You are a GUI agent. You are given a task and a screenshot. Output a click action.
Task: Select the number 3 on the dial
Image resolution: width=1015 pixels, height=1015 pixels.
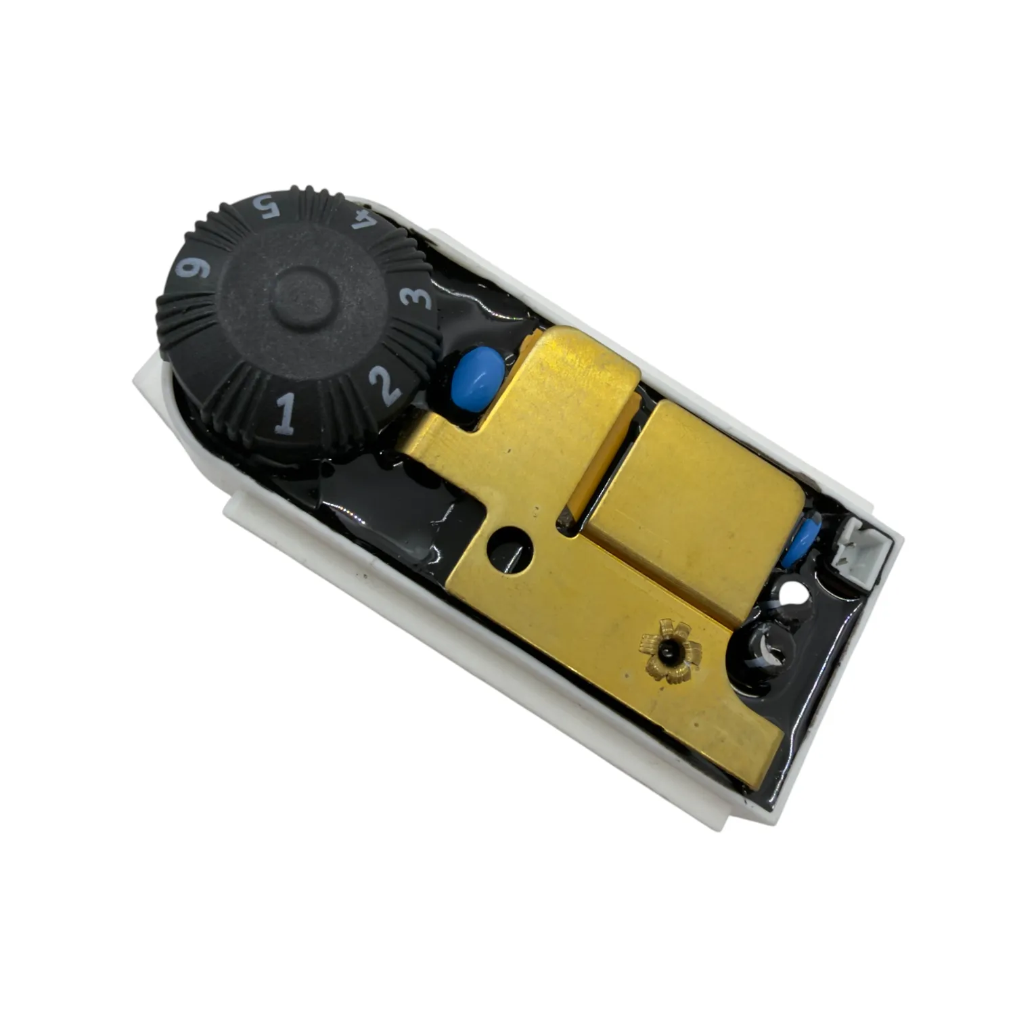pyautogui.click(x=413, y=298)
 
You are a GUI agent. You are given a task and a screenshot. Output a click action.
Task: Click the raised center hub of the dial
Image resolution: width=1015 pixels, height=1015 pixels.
pyautogui.click(x=304, y=298)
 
